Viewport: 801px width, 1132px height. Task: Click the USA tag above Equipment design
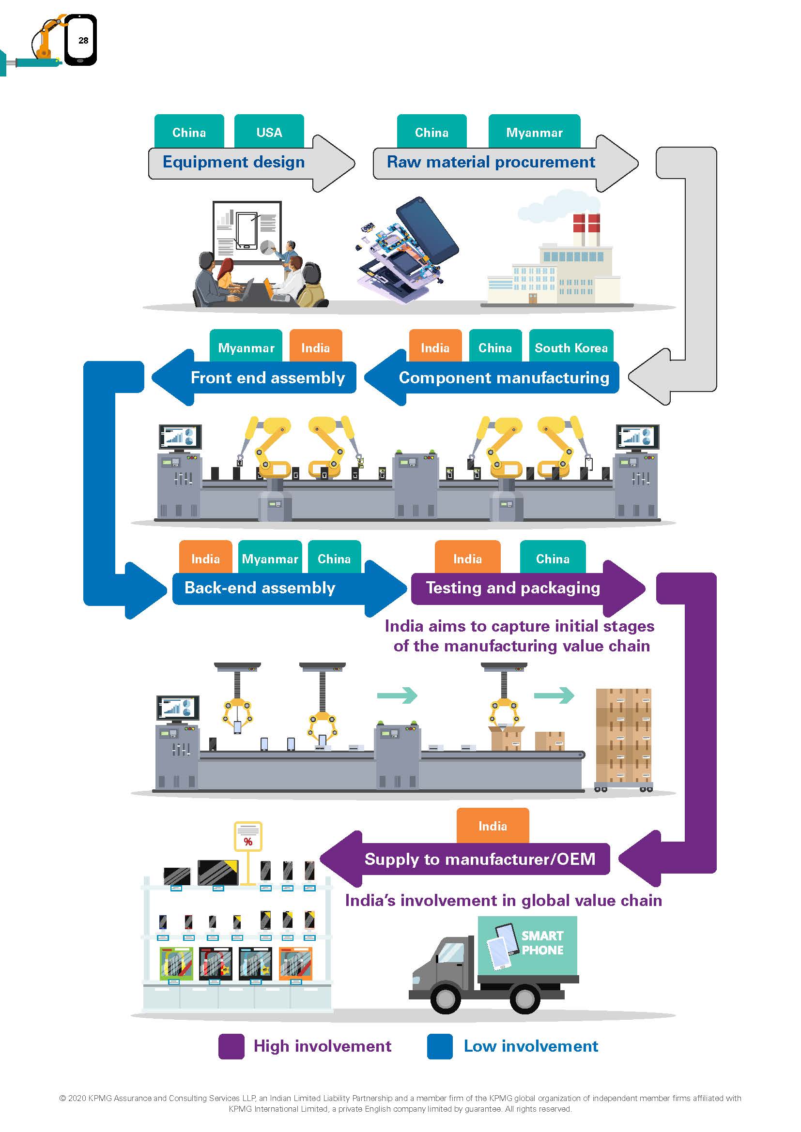point(269,132)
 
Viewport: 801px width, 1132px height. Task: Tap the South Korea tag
point(570,347)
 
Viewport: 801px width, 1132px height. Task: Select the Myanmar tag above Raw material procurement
point(534,132)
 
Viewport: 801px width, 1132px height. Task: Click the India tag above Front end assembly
point(315,347)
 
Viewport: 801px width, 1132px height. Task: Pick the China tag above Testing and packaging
point(553,558)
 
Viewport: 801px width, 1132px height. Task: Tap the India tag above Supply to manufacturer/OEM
point(492,826)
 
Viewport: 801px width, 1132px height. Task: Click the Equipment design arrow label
point(234,162)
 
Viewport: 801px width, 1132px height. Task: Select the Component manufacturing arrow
point(503,377)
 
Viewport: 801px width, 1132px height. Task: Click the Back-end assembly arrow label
point(260,588)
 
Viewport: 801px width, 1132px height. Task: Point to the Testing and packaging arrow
point(513,588)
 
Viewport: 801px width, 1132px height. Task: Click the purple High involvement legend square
point(231,1046)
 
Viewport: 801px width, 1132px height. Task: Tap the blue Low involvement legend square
point(439,1046)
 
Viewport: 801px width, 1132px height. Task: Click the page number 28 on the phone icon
point(83,41)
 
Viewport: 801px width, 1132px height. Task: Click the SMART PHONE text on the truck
point(542,943)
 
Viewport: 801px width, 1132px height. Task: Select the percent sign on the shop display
point(248,842)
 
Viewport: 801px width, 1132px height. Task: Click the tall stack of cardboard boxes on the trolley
point(623,735)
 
